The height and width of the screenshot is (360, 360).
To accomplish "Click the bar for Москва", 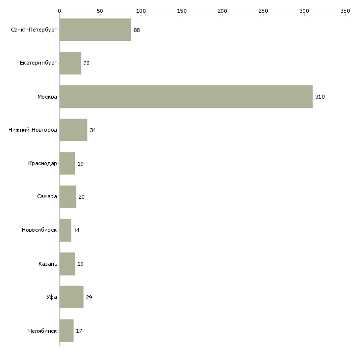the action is click(186, 97).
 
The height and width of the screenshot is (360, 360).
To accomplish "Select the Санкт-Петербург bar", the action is click(95, 30).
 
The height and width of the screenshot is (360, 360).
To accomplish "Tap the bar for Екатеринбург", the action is click(70, 63).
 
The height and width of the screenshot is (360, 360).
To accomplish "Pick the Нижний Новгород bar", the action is click(73, 130).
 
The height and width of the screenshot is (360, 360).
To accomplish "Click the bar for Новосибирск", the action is click(65, 230).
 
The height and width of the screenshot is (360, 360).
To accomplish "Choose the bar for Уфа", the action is click(72, 297).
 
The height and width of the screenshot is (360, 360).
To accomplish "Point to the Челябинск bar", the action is click(67, 330).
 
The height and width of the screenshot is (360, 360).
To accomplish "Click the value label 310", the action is click(320, 97).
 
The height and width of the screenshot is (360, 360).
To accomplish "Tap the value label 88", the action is click(137, 30).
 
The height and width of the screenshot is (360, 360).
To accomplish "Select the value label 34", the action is click(93, 130).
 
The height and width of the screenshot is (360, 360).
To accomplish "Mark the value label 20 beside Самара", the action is click(81, 197).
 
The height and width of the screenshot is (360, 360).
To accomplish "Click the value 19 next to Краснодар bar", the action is click(80, 164).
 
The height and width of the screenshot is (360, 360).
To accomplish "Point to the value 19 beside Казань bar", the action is click(80, 264).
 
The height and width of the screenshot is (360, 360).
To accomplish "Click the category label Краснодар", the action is click(42, 163).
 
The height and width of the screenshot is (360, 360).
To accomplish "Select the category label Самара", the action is click(47, 197).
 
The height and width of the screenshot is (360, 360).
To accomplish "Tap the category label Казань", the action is click(48, 264).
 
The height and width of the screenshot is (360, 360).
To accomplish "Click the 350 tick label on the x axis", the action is click(345, 11).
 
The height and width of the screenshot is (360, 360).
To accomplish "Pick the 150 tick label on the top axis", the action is click(182, 11).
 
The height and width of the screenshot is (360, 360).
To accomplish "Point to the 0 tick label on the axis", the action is click(60, 11).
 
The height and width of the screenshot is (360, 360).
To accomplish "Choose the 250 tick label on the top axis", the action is click(263, 11).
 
